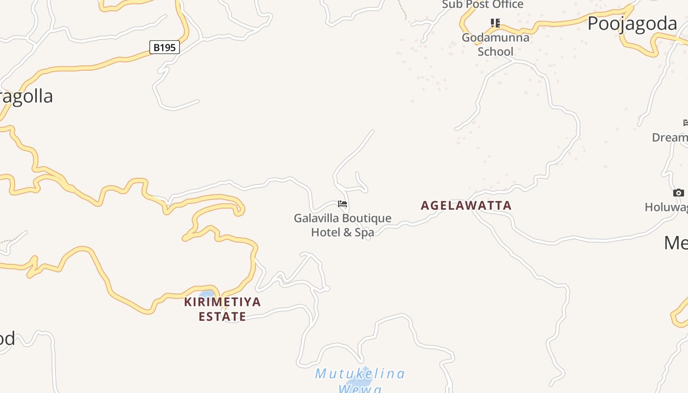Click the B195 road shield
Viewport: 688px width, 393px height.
click(165, 48)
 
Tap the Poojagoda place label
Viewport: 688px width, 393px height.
click(632, 24)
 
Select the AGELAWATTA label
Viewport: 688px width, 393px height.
click(466, 205)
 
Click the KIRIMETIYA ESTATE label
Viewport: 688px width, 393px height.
click(223, 309)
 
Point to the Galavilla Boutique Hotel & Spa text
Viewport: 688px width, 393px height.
click(343, 225)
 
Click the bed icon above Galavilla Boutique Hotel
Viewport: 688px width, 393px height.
click(343, 204)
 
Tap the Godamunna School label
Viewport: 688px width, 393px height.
click(495, 44)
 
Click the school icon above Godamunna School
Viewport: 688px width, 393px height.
click(495, 23)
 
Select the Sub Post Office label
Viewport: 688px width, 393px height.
click(483, 5)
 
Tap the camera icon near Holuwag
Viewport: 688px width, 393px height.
click(678, 193)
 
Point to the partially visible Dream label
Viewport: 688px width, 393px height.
click(669, 138)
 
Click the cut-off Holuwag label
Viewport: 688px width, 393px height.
click(666, 208)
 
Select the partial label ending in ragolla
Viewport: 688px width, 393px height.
click(27, 96)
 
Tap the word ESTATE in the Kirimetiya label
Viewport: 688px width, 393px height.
click(223, 316)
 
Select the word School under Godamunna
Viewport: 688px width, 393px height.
click(495, 52)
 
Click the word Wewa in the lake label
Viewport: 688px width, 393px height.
click(360, 389)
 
